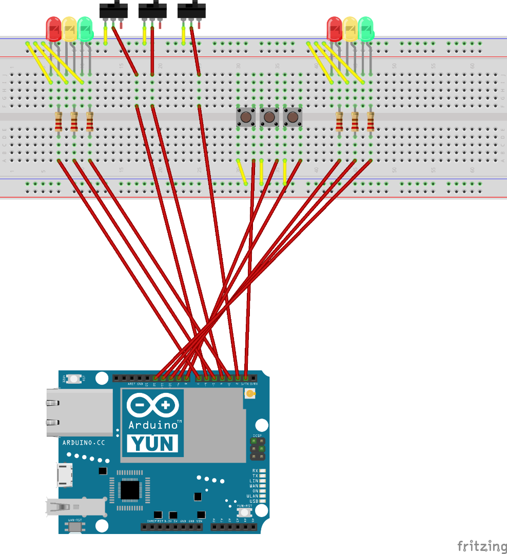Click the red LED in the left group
coord(53,29)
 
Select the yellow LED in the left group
coord(69,29)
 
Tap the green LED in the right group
coord(366,29)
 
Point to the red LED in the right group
coord(335,29)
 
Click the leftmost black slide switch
coord(113,9)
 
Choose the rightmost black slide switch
coord(191,9)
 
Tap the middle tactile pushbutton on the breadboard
coord(269,117)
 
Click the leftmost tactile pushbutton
coord(246,117)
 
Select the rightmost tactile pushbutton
coord(292,117)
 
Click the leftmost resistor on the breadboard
coord(59,122)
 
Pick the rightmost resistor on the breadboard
coord(371,122)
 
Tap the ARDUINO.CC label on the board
coord(84,442)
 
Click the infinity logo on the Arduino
coord(152,405)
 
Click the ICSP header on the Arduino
coord(257,449)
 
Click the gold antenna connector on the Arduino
coord(250,394)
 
